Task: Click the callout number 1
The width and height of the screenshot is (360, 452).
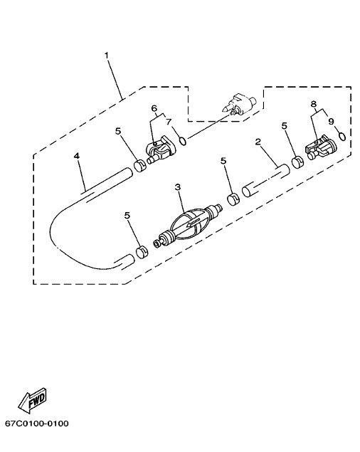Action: click(x=107, y=55)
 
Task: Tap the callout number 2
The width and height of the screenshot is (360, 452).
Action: click(x=258, y=142)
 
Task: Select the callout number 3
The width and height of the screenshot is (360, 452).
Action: click(x=178, y=187)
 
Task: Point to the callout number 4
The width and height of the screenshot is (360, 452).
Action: click(x=76, y=156)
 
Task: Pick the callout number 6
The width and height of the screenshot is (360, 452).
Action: click(x=154, y=108)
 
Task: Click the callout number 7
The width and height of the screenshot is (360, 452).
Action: click(x=169, y=121)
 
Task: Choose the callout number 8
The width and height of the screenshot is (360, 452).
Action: click(x=314, y=104)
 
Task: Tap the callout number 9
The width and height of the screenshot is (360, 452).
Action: click(x=331, y=121)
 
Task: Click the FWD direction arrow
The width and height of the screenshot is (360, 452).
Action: click(x=32, y=401)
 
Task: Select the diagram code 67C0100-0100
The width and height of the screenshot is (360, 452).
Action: click(x=37, y=424)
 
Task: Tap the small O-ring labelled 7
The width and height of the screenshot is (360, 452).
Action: click(x=183, y=141)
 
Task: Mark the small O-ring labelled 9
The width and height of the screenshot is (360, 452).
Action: click(x=342, y=136)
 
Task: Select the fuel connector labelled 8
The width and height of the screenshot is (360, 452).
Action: click(x=321, y=147)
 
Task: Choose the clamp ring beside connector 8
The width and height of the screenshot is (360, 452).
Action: click(x=297, y=162)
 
